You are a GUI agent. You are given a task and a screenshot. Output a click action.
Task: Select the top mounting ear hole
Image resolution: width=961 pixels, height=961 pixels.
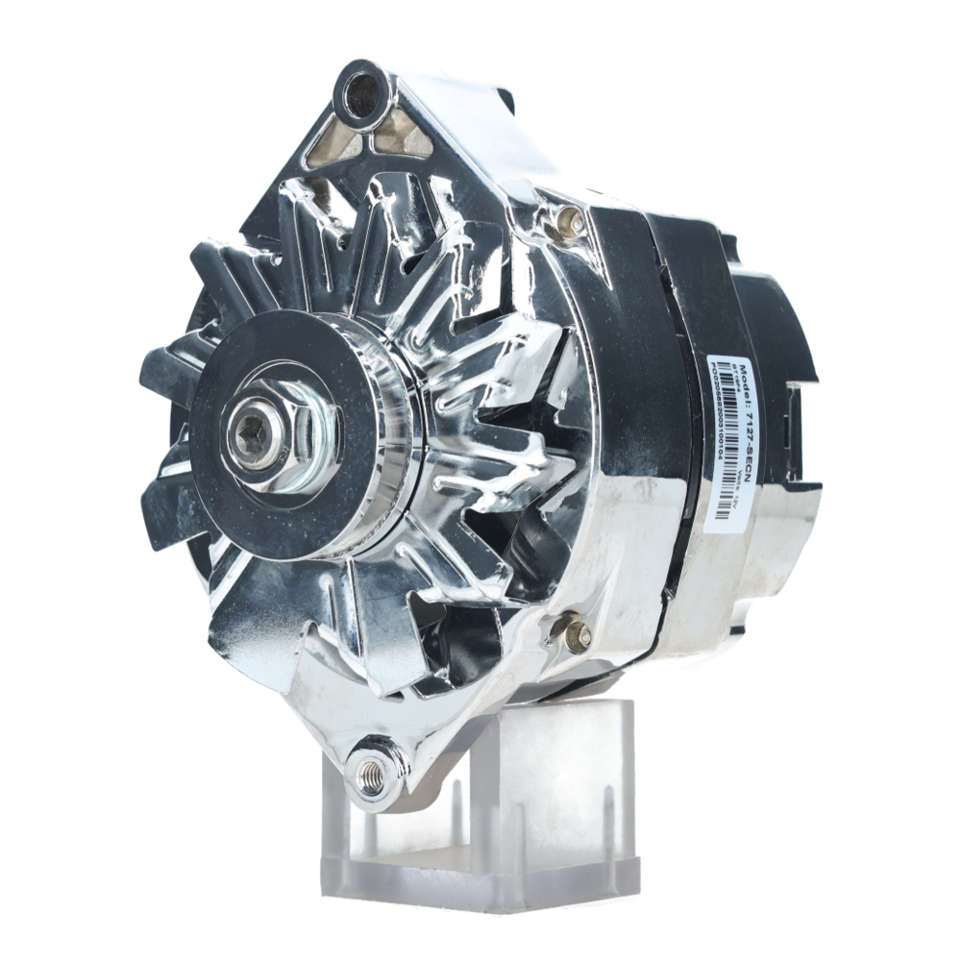click(x=363, y=94)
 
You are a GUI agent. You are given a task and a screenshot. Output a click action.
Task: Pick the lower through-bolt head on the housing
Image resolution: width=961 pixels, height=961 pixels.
click(x=576, y=632)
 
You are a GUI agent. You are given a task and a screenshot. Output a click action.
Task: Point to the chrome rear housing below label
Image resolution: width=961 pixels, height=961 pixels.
click(x=740, y=586)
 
